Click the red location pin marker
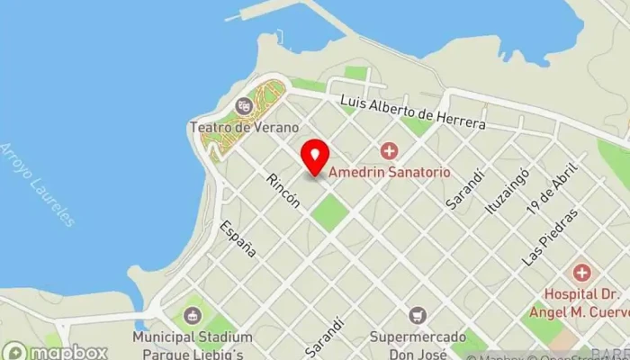click(x=314, y=157)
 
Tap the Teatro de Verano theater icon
click(x=242, y=107)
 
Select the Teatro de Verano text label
click(x=231, y=127)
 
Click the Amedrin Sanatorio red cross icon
click(x=389, y=150)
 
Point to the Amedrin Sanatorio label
click(x=389, y=171)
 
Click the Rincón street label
click(x=283, y=191)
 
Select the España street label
click(x=238, y=238)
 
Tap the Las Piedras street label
click(x=550, y=238)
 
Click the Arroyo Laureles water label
click(x=38, y=184)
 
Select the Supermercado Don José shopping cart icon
click(x=417, y=315)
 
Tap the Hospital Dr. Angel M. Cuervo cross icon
click(x=581, y=272)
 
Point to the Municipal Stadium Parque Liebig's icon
click(x=192, y=315)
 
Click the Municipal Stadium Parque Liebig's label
click(x=188, y=342)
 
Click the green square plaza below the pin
click(x=330, y=211)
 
